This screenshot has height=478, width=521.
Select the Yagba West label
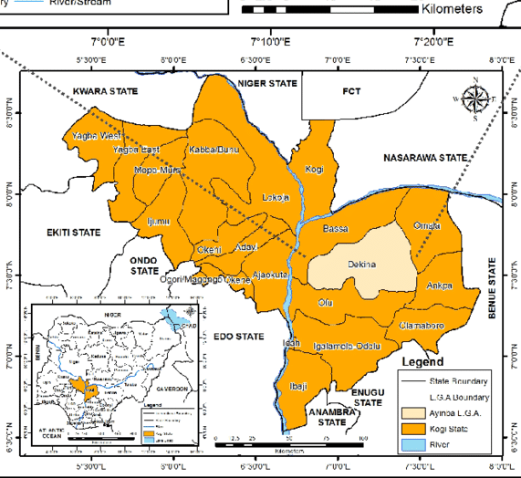(96, 136)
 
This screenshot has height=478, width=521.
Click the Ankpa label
(440, 286)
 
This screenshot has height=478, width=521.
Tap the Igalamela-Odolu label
(343, 347)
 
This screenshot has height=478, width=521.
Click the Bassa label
(336, 229)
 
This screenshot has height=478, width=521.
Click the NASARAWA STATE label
(424, 158)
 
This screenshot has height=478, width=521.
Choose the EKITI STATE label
(73, 233)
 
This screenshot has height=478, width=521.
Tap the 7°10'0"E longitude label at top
(269, 42)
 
